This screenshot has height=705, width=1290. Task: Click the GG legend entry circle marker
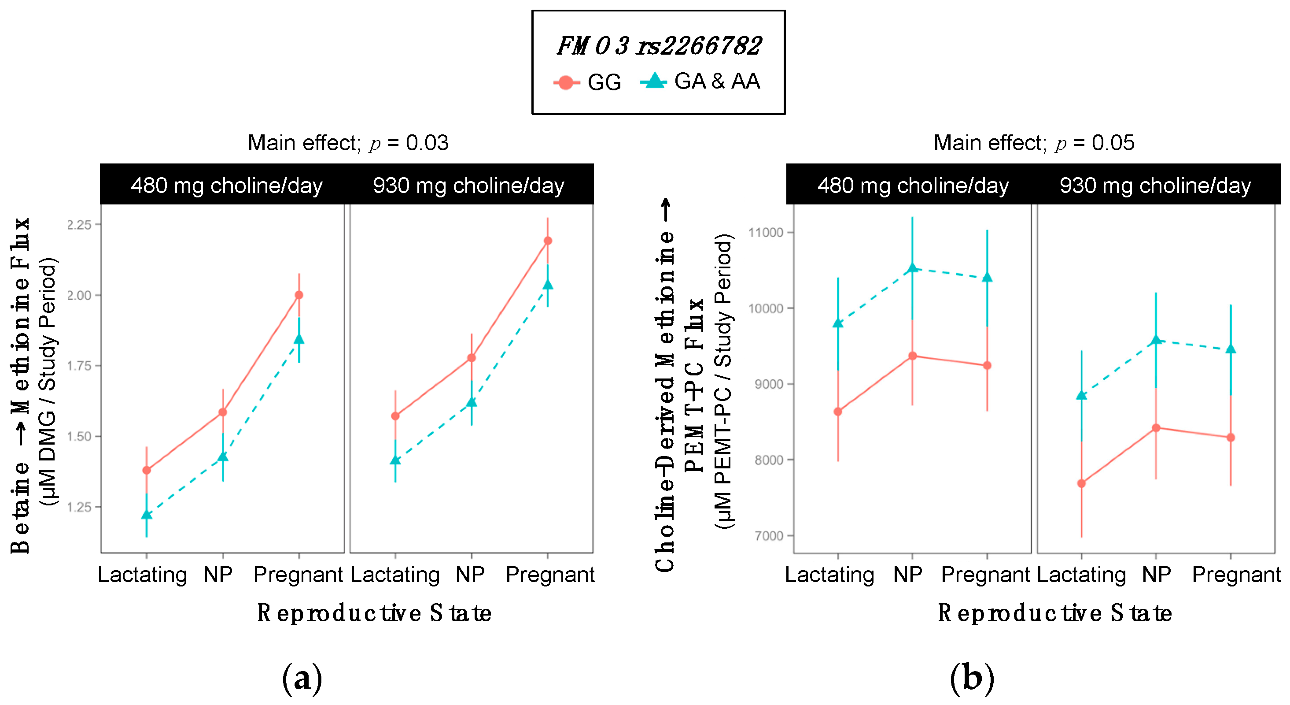tap(566, 82)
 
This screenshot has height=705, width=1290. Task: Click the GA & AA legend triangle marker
tap(653, 81)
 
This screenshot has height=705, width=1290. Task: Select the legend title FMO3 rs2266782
tap(659, 46)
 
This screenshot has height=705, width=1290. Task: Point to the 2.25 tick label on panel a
tap(79, 224)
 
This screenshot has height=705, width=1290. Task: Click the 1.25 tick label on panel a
tap(79, 507)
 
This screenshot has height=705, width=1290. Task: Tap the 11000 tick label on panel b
tap(765, 233)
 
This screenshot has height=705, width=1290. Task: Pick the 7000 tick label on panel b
tap(768, 536)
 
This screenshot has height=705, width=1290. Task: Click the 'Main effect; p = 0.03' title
tap(348, 143)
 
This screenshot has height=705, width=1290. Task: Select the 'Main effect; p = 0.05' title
tap(1034, 143)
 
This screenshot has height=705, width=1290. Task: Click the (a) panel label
tap(302, 679)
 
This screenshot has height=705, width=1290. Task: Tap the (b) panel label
tap(972, 679)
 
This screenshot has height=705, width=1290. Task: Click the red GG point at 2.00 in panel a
tap(299, 295)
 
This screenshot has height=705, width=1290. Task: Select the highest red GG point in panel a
tap(548, 241)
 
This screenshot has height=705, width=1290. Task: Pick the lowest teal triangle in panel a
tap(147, 515)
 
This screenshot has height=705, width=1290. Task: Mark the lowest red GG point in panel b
tap(1082, 483)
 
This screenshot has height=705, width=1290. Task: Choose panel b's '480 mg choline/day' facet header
tap(913, 186)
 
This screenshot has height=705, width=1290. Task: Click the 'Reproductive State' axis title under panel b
tap(1054, 613)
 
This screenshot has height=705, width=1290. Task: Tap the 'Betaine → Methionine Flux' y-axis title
tap(20, 386)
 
